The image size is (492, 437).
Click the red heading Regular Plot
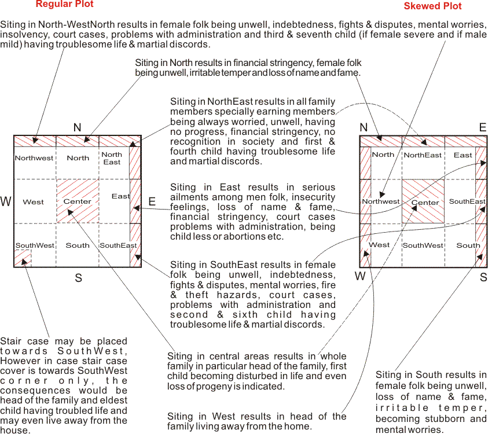tap(64, 4)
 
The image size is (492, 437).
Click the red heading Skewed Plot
tap(432, 6)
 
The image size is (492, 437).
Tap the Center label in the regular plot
tap(77, 201)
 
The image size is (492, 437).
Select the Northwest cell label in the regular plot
tap(34, 158)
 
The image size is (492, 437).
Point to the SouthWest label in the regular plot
tap(35, 245)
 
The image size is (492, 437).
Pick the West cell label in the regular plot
tap(33, 202)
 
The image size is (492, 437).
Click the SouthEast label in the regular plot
tap(118, 245)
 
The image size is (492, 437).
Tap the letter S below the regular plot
tap(78, 278)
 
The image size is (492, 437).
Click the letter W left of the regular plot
tap(6, 202)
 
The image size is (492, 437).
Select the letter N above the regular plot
tap(77, 127)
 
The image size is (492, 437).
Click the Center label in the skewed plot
tap(425, 203)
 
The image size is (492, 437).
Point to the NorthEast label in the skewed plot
tap(423, 155)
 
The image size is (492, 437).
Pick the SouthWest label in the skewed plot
tap(423, 245)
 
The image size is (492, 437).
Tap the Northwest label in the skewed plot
tap(381, 201)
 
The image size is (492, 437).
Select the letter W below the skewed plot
tap(360, 276)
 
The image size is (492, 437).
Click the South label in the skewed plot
tap(468, 245)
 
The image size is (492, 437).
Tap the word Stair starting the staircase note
tap(10, 341)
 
